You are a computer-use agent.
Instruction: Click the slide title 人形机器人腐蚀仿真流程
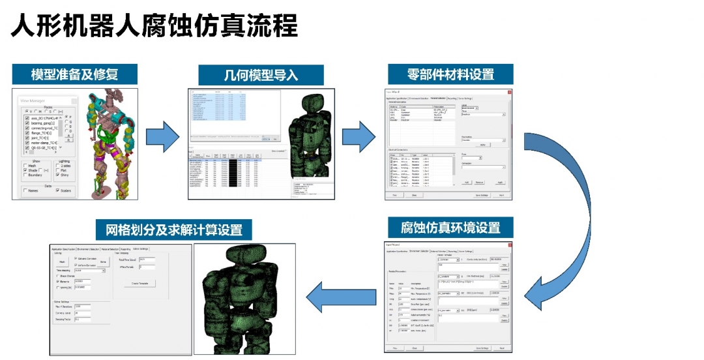[154, 27]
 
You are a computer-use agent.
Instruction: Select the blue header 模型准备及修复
[75, 73]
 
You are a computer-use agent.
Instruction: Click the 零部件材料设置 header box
[450, 74]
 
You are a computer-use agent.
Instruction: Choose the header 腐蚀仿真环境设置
[450, 228]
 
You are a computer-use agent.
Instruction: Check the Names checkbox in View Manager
[25, 191]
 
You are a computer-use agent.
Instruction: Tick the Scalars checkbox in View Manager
[59, 191]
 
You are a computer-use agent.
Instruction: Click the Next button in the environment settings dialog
[501, 349]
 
